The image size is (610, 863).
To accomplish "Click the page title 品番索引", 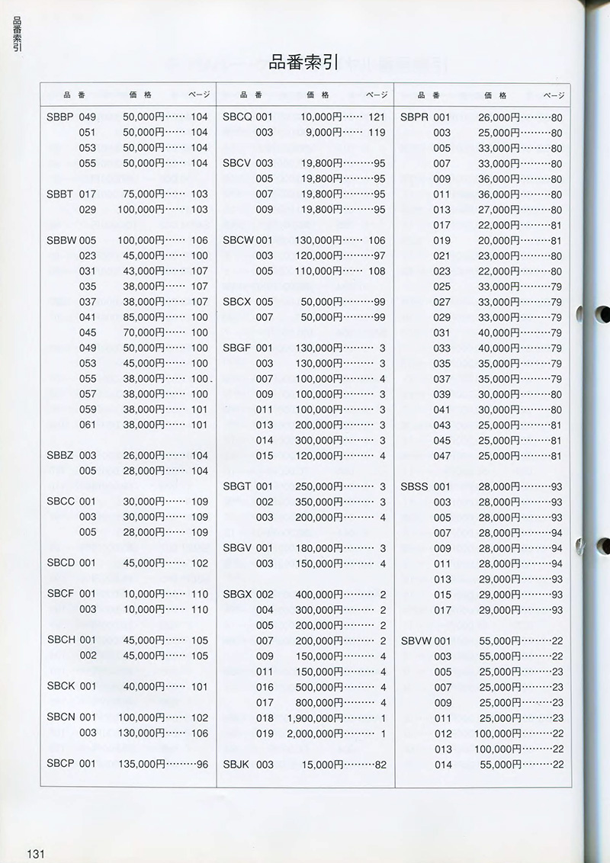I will [303, 63].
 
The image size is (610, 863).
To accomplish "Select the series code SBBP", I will [60, 117].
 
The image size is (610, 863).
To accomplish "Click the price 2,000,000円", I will [315, 733].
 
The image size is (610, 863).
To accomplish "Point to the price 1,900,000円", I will [315, 718].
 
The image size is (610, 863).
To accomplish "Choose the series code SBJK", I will [236, 764].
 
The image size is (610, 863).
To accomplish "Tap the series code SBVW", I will [416, 641].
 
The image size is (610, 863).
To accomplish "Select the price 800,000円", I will [318, 702].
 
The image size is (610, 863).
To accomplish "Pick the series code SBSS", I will [415, 486].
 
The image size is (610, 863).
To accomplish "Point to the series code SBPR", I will [415, 117].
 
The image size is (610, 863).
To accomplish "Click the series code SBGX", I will [237, 595].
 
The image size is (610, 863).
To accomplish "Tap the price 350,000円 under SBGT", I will [318, 502].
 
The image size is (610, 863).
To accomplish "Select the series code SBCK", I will [61, 686].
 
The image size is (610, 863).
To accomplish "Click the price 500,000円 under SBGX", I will [318, 687].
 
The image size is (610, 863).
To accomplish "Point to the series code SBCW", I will [238, 240].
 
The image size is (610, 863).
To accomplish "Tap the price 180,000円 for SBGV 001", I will [318, 548].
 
